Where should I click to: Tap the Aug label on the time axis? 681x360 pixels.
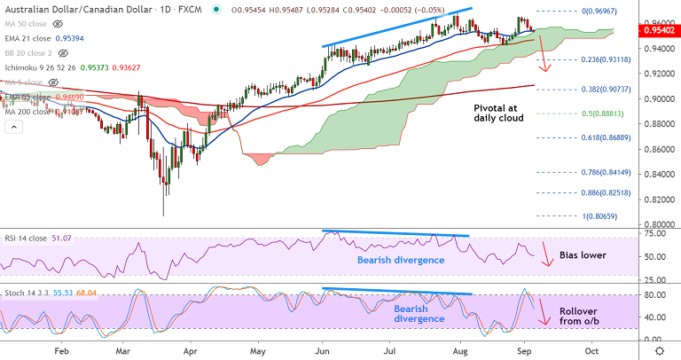(x=459, y=350)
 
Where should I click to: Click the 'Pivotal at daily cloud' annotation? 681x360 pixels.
(x=497, y=111)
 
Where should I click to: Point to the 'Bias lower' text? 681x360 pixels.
(x=583, y=255)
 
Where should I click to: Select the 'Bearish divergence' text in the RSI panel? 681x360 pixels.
(x=400, y=260)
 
